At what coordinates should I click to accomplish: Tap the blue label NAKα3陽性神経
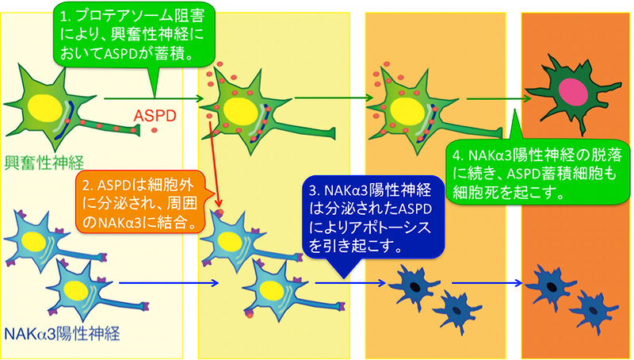pos(66,335)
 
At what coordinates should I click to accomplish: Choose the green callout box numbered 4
pos(536,170)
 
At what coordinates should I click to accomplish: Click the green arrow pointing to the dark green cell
pos(498,100)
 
